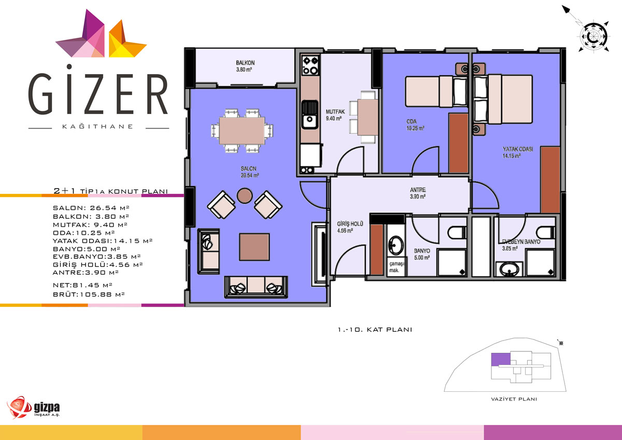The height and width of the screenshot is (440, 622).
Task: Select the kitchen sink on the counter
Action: (x=309, y=115)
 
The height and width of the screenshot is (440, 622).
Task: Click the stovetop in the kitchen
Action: (x=310, y=65)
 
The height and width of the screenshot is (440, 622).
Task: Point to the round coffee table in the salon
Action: (x=245, y=196)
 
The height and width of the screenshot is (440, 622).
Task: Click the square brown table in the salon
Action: (x=255, y=247)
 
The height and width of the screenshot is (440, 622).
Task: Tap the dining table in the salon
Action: (x=242, y=131)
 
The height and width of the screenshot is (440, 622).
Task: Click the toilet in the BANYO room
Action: (x=457, y=232)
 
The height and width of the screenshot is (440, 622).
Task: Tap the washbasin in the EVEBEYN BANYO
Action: (x=509, y=269)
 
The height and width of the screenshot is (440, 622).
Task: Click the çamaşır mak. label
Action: (x=396, y=266)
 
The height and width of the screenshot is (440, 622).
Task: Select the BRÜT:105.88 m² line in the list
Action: (x=89, y=294)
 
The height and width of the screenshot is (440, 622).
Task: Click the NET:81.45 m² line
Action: (x=82, y=285)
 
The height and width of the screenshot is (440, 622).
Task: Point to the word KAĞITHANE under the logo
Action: (x=98, y=126)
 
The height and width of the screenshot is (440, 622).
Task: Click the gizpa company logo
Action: (x=33, y=407)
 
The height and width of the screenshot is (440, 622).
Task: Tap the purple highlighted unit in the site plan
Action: (x=501, y=359)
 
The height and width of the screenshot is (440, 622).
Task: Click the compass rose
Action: (x=593, y=37)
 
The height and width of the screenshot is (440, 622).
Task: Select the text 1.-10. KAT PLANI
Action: (x=375, y=330)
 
